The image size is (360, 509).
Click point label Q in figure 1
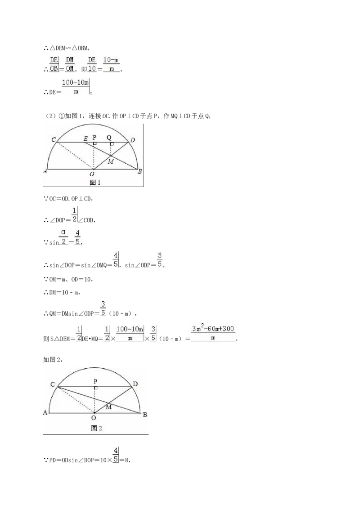109,137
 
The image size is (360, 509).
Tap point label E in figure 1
86,139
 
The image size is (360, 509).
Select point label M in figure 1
111,161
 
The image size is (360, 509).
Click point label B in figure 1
139,171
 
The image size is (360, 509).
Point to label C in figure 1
54,139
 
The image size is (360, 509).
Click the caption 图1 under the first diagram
95,183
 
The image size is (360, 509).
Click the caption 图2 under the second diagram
96,428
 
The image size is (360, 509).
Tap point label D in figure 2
135,384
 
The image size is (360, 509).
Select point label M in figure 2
109,407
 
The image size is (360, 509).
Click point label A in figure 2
45,412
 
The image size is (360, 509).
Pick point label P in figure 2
95,381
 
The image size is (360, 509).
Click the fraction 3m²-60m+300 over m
213,333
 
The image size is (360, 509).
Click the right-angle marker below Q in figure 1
112,144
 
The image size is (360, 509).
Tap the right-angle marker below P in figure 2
95,388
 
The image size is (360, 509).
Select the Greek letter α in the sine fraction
63,232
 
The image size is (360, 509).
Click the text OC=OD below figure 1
59,199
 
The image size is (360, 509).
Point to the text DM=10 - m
64,292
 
